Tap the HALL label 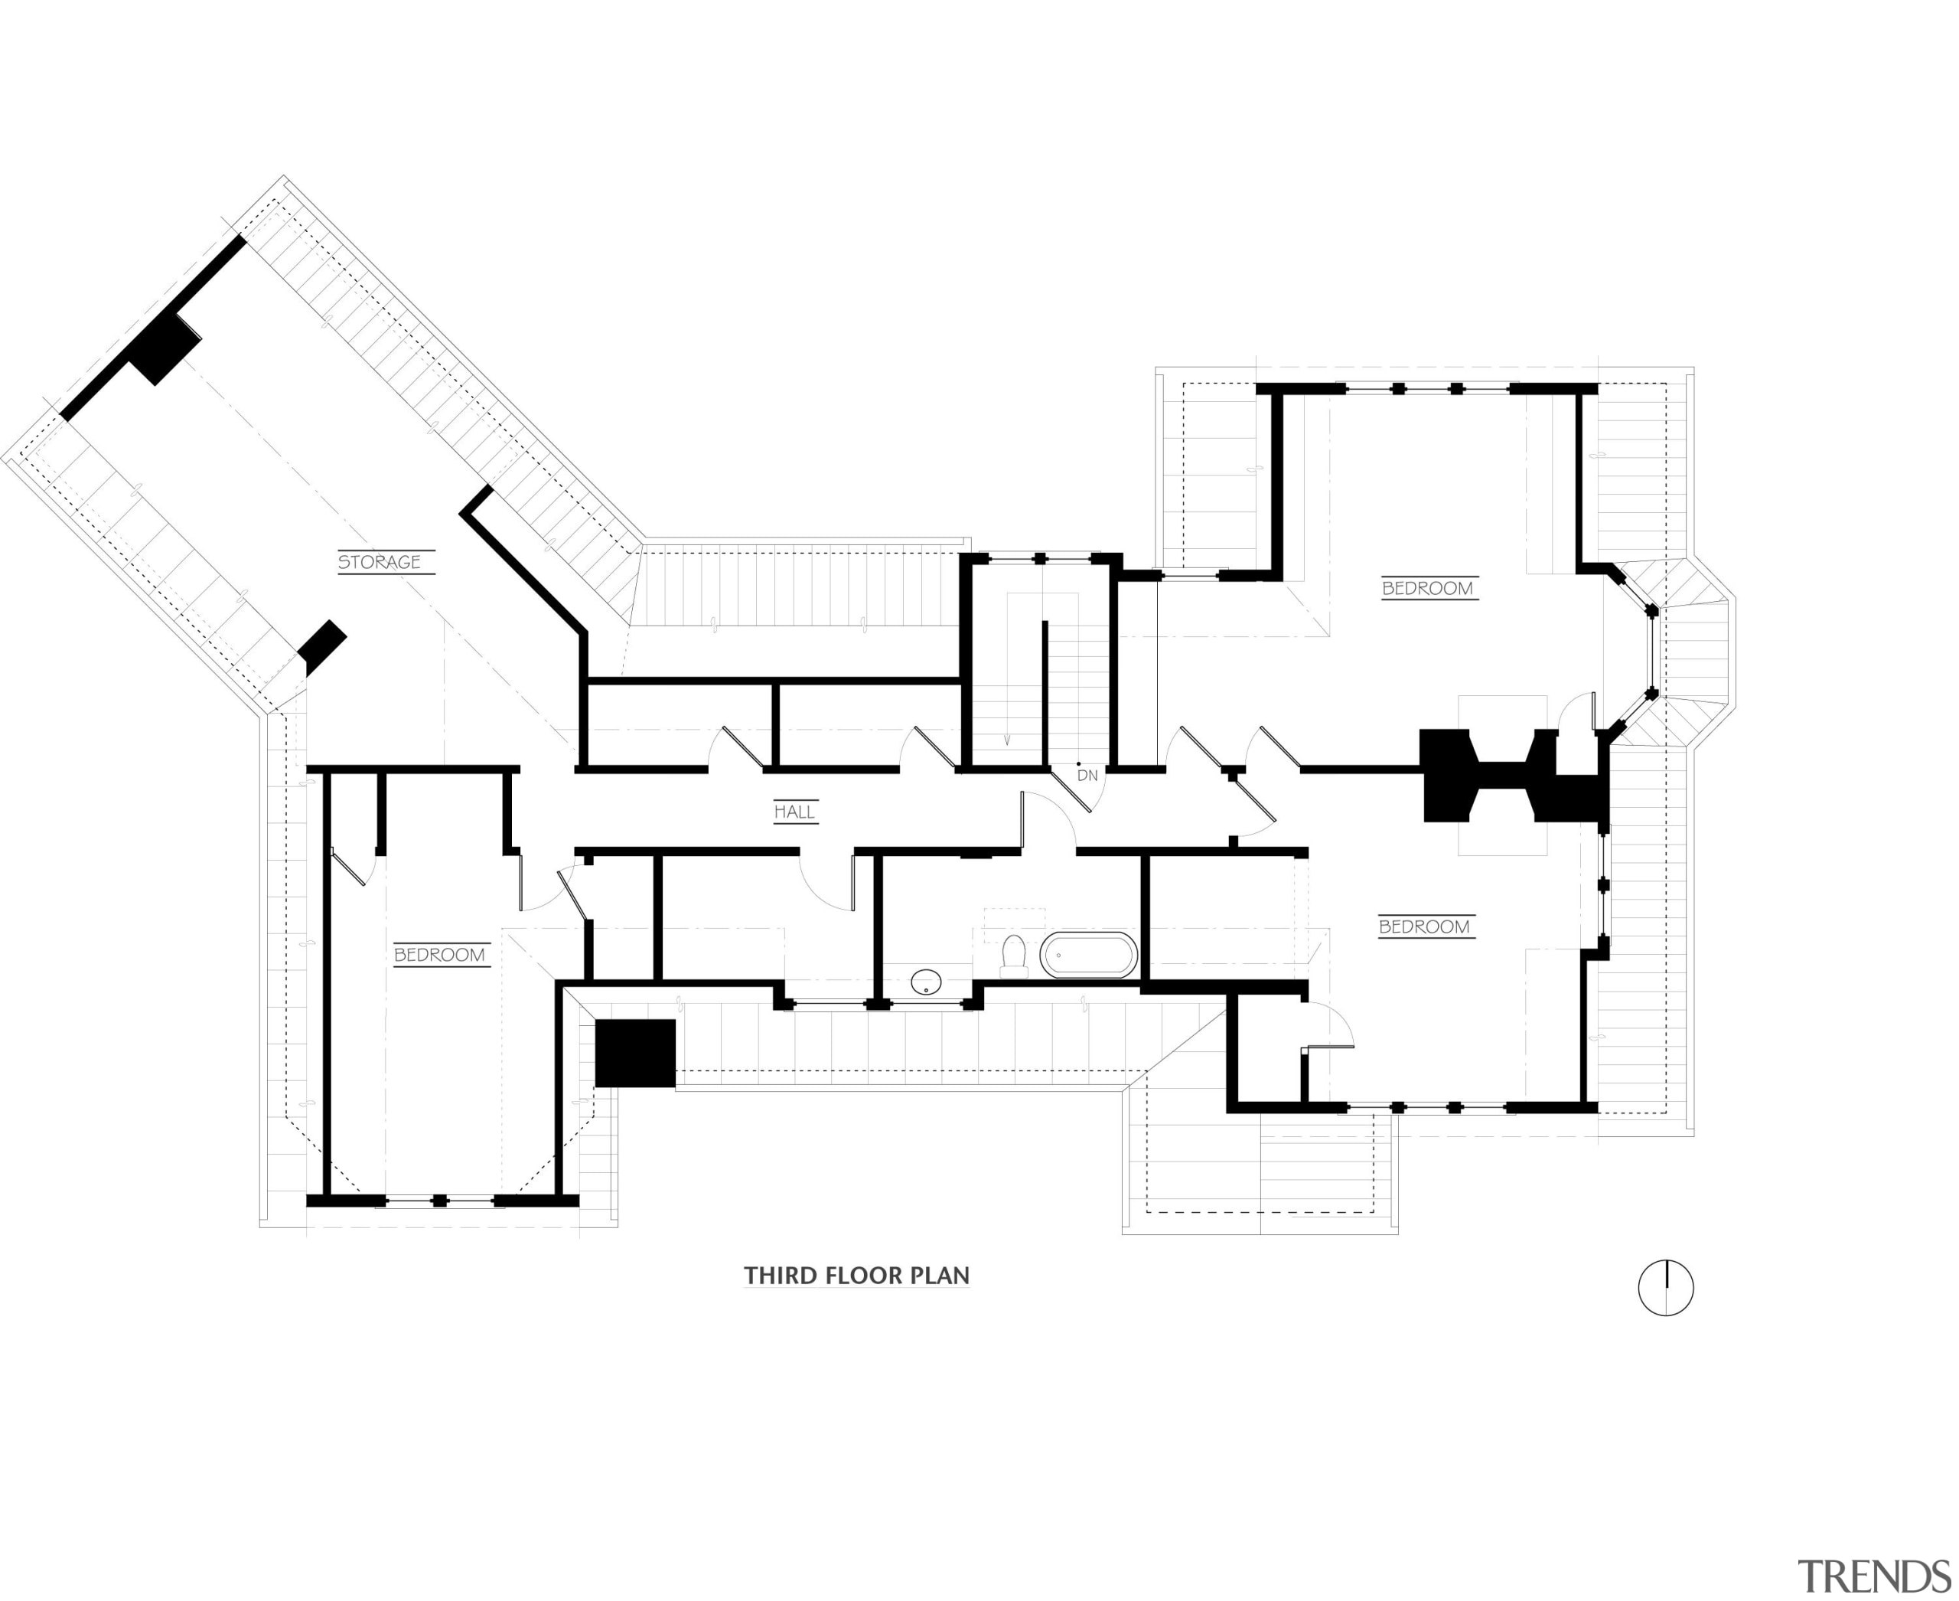(794, 812)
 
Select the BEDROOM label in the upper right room (1428, 587)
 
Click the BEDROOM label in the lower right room (1424, 926)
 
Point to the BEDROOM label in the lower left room (440, 955)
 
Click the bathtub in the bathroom (1089, 955)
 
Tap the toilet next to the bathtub (1014, 956)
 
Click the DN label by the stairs (1088, 776)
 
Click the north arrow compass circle (1666, 1287)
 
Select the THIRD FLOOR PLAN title (856, 1276)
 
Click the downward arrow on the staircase (1007, 739)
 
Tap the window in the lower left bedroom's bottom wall (441, 1200)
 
